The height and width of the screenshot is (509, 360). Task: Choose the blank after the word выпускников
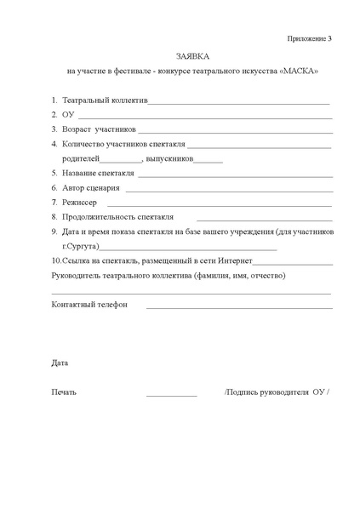tap(209, 161)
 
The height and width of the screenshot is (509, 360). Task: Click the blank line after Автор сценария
tap(226, 189)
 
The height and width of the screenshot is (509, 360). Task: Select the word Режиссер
tap(79, 203)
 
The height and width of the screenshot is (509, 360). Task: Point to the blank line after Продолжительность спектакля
tap(255, 219)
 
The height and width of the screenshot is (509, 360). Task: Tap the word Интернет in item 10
tap(234, 260)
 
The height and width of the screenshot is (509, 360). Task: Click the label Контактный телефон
tap(89, 304)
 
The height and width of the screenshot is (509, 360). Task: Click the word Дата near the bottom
tap(60, 363)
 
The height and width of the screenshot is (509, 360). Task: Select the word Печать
tap(64, 392)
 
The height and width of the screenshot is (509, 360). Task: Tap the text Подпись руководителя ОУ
tap(277, 392)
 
